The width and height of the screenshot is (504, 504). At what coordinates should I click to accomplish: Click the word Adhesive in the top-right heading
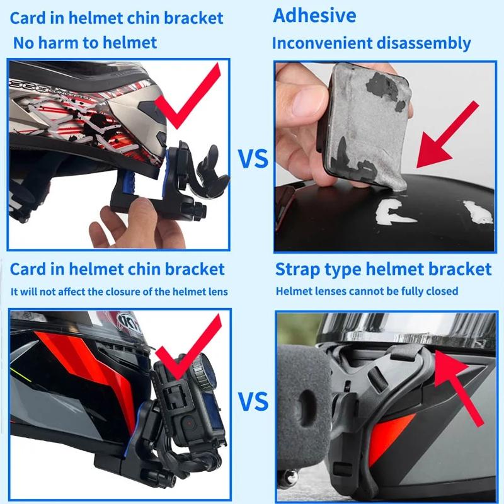(314, 16)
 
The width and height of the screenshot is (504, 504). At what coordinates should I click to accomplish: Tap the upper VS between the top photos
(253, 159)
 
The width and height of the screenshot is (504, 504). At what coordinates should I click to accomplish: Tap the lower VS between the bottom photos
(253, 401)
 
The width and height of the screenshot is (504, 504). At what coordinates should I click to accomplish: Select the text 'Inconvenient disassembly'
(371, 43)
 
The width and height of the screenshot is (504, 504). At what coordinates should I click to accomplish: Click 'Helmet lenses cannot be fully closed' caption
(367, 291)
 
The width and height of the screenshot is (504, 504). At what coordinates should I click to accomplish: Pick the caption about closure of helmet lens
(119, 291)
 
